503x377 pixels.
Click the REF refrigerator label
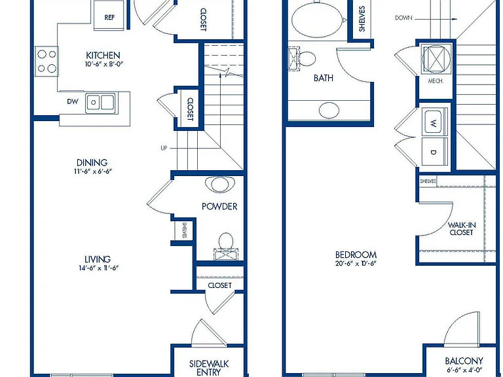click(109, 17)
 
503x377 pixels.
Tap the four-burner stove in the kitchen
click(47, 62)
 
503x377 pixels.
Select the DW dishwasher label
click(73, 101)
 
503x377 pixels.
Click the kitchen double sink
click(100, 103)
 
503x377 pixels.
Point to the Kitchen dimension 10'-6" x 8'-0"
click(104, 64)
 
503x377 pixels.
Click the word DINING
click(92, 162)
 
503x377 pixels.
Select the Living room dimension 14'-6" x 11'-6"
click(99, 268)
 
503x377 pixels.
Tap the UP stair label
click(164, 148)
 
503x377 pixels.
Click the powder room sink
click(220, 185)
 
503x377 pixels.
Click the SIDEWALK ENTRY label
click(209, 368)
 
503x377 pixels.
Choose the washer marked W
click(434, 122)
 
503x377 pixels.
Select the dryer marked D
click(434, 151)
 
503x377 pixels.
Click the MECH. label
click(436, 81)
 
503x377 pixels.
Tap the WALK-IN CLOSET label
click(462, 228)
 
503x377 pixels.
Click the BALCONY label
click(464, 361)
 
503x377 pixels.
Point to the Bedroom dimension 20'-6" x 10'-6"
click(356, 264)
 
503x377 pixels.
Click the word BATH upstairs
click(324, 78)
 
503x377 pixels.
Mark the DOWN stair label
click(403, 18)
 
